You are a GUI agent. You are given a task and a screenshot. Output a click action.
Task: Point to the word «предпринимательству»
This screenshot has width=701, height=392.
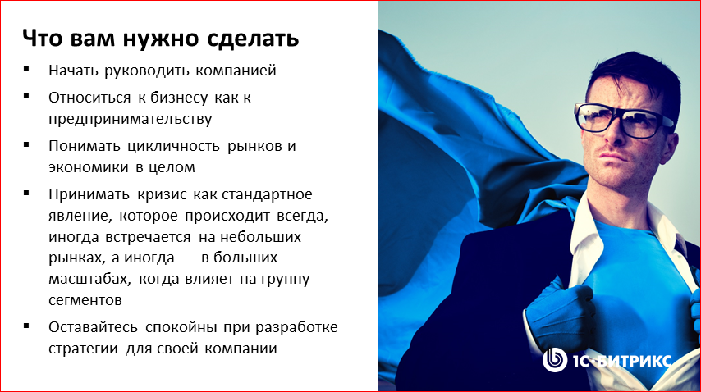131,118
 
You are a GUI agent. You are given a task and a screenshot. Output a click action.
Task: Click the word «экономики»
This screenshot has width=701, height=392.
85,168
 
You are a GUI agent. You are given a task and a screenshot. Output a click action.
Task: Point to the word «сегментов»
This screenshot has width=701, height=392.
85,300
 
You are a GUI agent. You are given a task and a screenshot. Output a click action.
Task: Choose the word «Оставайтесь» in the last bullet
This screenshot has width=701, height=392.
92,327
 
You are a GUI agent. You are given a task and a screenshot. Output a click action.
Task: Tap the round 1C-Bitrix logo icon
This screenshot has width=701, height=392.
556,360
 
